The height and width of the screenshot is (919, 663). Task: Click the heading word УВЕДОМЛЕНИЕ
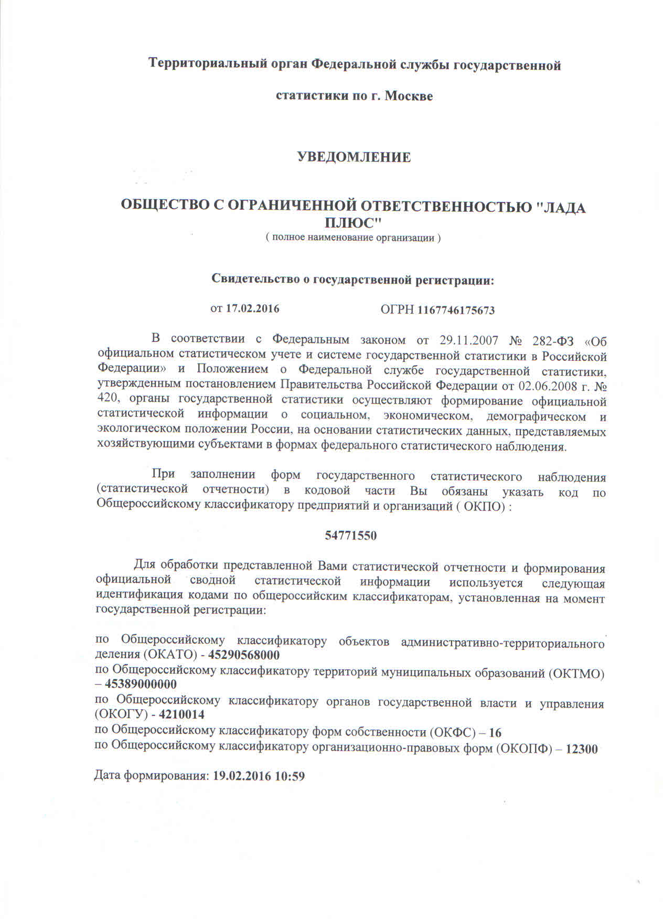point(354,157)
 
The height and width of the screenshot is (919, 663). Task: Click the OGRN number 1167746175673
point(456,310)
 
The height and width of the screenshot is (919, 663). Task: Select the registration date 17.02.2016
point(252,308)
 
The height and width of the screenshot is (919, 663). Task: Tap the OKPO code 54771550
point(351,536)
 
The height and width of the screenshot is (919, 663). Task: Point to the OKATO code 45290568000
point(244,655)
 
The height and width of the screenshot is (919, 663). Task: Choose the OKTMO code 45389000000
point(141,685)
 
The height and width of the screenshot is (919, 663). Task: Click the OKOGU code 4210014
point(181,714)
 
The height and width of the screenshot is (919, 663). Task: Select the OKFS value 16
point(495,732)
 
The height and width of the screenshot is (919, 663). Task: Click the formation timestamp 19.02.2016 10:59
point(259,776)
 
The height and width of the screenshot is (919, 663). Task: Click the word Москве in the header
point(409,96)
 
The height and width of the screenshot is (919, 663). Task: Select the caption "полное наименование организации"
point(352,238)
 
